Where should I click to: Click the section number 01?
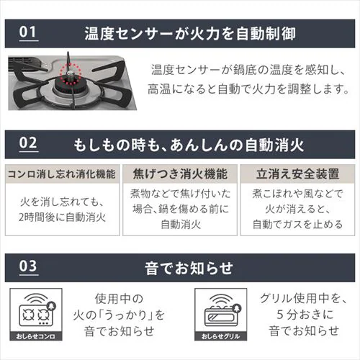(x=28, y=32)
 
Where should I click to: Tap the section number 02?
(x=28, y=143)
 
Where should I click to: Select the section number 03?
(x=28, y=266)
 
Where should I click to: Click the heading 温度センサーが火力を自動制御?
(x=190, y=33)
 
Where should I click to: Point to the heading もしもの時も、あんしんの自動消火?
(x=189, y=145)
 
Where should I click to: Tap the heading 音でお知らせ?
(x=189, y=268)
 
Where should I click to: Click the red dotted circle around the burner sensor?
(x=70, y=73)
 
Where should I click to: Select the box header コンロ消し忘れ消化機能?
(x=62, y=174)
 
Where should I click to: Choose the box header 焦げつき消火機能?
(x=180, y=174)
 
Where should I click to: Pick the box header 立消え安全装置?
(x=297, y=174)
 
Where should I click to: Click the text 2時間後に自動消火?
(x=63, y=217)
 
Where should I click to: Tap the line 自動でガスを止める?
(x=297, y=225)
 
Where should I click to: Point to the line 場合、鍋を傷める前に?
(x=181, y=209)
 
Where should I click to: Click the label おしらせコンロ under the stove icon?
(x=36, y=336)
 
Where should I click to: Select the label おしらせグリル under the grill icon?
(x=220, y=336)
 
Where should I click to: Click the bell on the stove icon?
(x=51, y=306)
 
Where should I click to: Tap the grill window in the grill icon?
(x=220, y=317)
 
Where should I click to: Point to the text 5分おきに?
(x=305, y=315)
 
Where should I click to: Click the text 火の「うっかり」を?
(x=119, y=315)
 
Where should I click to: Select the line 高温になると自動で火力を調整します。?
(x=248, y=89)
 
